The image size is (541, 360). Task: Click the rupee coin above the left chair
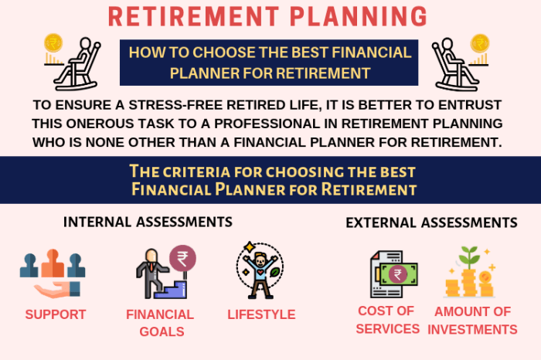(x=54, y=42)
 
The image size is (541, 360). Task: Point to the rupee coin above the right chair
(x=480, y=42)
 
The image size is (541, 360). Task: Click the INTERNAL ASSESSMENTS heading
(x=148, y=222)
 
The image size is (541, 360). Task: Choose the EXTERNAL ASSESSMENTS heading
(x=431, y=222)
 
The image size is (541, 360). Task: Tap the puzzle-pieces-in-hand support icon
(x=52, y=273)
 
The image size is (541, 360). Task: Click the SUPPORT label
(x=55, y=314)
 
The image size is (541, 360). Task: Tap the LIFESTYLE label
(x=261, y=314)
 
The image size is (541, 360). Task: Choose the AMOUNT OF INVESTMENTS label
(x=472, y=321)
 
